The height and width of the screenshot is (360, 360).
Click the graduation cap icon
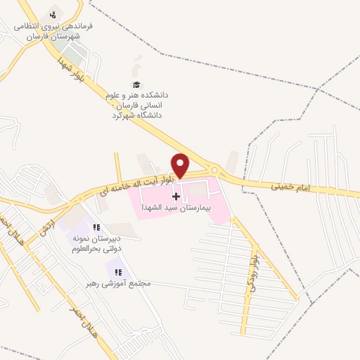(136, 84)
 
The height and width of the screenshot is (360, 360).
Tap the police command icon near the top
(51, 15)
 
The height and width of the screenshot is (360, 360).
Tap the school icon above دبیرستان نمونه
(97, 227)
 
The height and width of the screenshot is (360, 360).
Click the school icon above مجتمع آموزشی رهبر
(117, 271)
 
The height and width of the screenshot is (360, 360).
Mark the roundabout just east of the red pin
(215, 170)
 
